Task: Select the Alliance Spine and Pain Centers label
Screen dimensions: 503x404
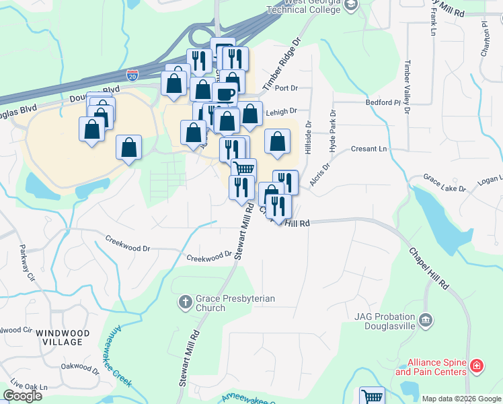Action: tap(430, 367)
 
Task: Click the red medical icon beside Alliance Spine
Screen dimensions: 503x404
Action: tap(476, 367)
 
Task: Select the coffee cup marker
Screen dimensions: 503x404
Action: tap(225, 94)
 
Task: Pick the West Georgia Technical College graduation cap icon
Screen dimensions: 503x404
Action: tap(350, 5)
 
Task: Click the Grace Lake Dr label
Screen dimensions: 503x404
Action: tap(444, 183)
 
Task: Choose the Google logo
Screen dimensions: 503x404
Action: tap(22, 396)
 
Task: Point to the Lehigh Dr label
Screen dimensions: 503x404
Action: tap(281, 112)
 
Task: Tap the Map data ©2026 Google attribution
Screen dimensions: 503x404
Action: tap(461, 399)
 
